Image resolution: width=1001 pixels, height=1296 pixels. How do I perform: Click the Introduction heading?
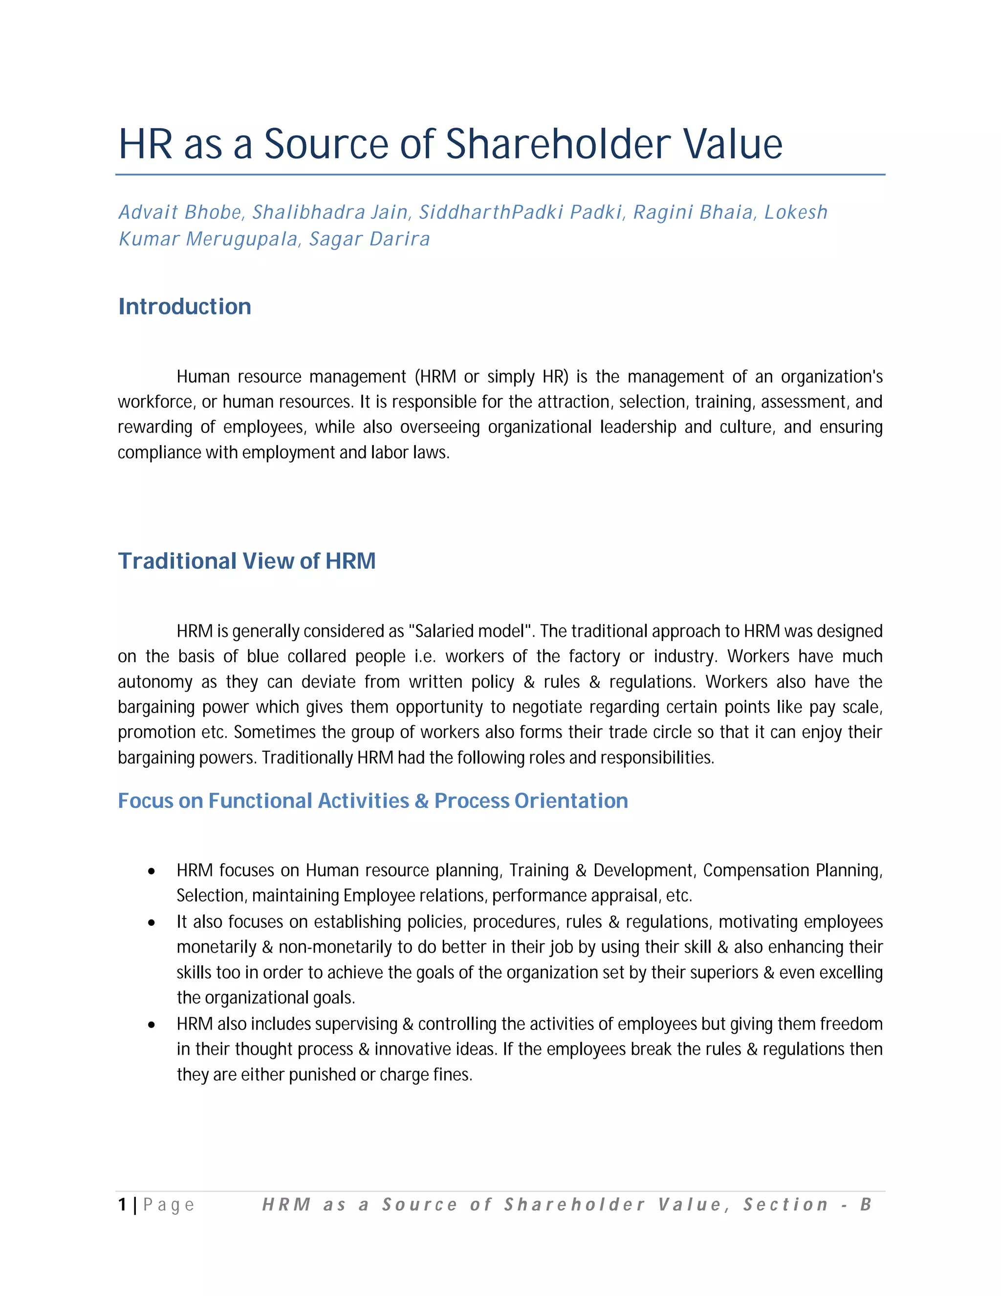pos(184,307)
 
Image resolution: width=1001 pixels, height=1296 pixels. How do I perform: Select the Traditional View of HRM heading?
pos(247,561)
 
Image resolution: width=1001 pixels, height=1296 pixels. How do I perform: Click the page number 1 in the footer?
pos(122,1204)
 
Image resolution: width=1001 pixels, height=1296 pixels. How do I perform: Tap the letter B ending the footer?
pos(866,1204)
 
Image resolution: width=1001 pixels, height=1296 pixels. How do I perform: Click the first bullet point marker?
pos(152,871)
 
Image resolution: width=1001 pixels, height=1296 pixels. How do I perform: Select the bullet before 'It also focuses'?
pos(152,923)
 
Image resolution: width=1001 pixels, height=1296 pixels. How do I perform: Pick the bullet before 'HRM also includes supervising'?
pos(152,1025)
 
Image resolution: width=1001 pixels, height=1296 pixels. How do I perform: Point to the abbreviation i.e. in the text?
pos(425,656)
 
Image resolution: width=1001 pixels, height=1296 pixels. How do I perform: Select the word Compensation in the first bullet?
pos(756,871)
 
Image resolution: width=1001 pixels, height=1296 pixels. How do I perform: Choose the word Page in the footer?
pos(169,1205)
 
